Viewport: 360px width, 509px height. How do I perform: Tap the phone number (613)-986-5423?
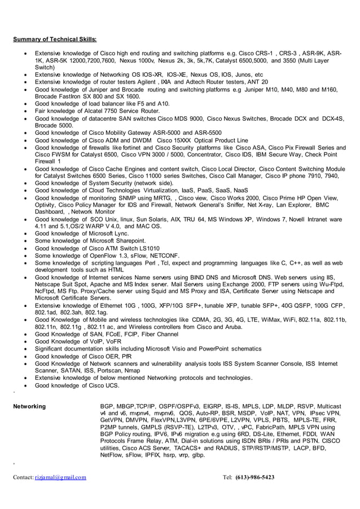pos(254,477)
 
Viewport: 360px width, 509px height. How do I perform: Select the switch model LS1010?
pos(147,248)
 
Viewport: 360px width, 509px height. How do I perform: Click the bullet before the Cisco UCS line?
pos(24,385)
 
